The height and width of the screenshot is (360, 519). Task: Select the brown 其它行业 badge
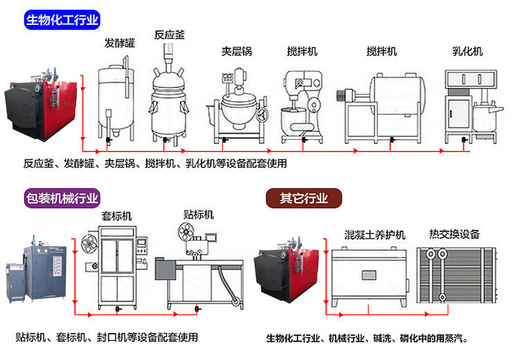(x=305, y=198)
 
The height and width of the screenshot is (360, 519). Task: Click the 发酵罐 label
(x=120, y=43)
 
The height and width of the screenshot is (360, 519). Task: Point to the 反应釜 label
(x=170, y=33)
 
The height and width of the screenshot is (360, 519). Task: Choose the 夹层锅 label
(x=236, y=51)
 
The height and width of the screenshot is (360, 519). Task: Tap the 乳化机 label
(x=467, y=51)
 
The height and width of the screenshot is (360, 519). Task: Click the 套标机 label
(x=116, y=214)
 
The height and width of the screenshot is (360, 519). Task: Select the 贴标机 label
(x=199, y=214)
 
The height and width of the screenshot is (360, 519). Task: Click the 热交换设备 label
(x=455, y=234)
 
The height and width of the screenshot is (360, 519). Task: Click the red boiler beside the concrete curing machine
(x=284, y=273)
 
